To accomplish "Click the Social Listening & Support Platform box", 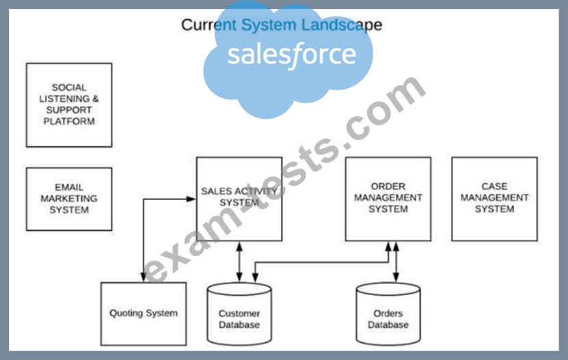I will click(x=69, y=105).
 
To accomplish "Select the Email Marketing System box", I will click(x=69, y=199).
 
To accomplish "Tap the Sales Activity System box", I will click(x=239, y=199).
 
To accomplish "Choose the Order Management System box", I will click(x=388, y=199).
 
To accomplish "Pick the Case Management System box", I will click(x=494, y=199).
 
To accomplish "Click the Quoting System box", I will click(x=144, y=314).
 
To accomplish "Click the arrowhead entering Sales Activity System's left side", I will click(x=192, y=199).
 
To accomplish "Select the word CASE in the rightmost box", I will click(x=494, y=186).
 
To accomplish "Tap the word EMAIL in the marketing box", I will click(x=69, y=187).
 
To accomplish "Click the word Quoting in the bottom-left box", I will click(x=127, y=314).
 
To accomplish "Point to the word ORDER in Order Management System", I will click(x=388, y=186).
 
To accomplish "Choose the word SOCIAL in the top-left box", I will click(x=69, y=87).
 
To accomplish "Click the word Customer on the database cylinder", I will click(x=239, y=314).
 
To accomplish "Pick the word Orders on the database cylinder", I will click(x=388, y=314).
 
